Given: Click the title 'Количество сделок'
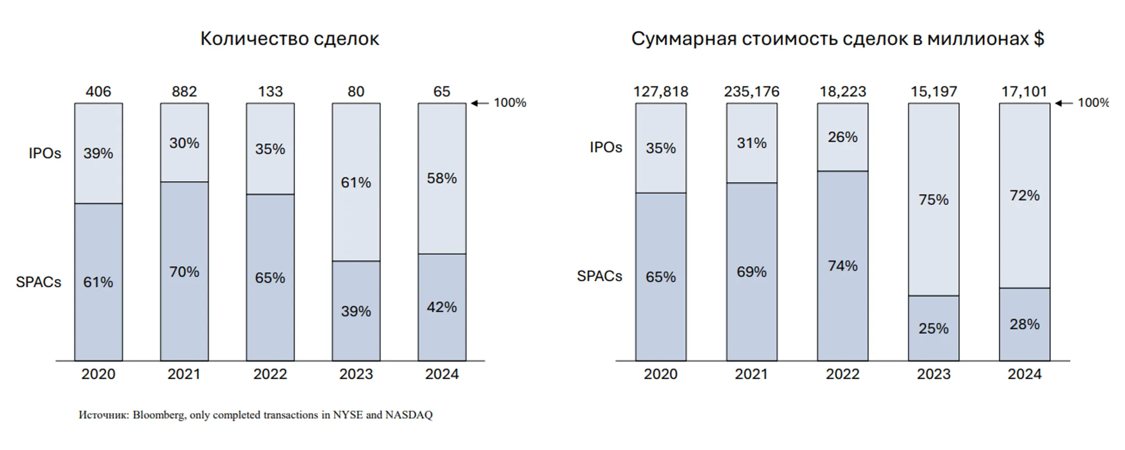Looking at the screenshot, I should (290, 39).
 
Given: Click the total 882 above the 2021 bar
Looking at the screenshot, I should (184, 92).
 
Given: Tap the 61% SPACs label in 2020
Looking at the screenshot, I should (98, 282).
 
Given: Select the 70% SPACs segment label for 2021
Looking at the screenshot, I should (184, 272).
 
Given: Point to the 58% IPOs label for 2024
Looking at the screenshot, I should (442, 179).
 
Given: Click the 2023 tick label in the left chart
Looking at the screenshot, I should (356, 374).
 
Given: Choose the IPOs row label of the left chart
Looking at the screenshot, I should (45, 154).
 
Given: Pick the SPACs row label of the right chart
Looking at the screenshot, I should (599, 276).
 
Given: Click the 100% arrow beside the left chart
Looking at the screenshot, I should (480, 103).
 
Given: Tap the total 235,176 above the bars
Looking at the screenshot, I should (752, 92).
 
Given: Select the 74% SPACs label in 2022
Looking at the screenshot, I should (843, 266).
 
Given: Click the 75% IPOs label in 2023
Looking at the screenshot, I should (933, 200).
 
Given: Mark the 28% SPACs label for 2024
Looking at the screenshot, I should (1024, 324).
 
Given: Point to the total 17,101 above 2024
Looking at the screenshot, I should (1024, 92).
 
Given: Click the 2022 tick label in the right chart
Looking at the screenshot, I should (843, 374).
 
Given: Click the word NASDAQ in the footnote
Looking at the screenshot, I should (409, 415).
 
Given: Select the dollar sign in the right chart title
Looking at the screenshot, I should (1039, 39).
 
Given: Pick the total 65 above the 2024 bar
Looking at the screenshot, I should (442, 92).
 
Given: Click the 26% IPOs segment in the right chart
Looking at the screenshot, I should (843, 137).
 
